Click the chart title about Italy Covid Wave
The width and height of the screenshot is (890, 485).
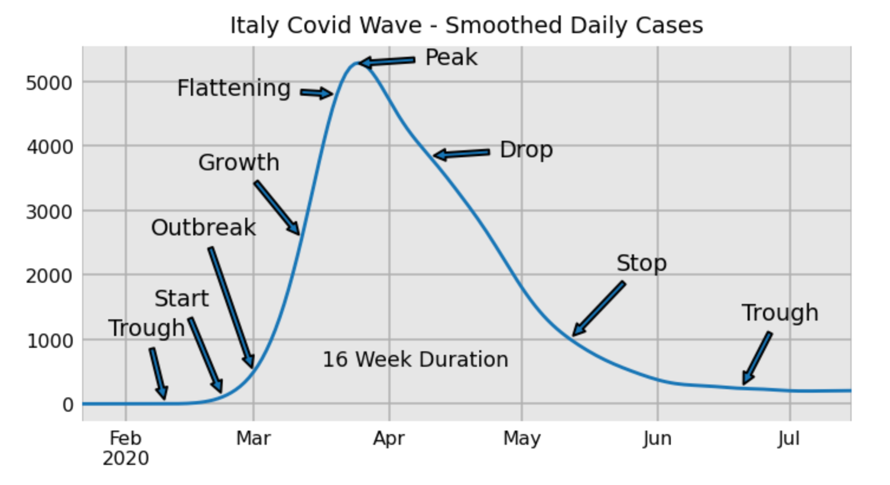(467, 25)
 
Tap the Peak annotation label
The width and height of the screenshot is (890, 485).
(452, 57)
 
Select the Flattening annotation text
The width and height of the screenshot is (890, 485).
(234, 88)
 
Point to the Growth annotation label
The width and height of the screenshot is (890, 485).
(239, 163)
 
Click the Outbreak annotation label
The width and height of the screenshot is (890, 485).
(203, 228)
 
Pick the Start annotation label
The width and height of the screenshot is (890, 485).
(181, 299)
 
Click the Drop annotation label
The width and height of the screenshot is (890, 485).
(527, 150)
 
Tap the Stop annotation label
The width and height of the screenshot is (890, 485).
(642, 264)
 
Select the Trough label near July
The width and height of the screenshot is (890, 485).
(780, 313)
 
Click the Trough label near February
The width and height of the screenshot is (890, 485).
(147, 328)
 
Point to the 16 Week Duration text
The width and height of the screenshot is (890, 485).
(415, 360)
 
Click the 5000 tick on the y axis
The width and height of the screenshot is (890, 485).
(49, 83)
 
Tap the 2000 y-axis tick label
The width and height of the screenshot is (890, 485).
(49, 276)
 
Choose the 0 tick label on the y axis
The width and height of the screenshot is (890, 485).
(67, 405)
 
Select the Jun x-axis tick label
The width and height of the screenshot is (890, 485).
(658, 439)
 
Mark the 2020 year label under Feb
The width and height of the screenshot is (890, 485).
(125, 458)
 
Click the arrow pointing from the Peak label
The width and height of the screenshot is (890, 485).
(387, 62)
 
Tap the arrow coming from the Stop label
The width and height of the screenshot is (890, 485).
(599, 309)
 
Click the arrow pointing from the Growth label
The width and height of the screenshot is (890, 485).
(277, 208)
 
